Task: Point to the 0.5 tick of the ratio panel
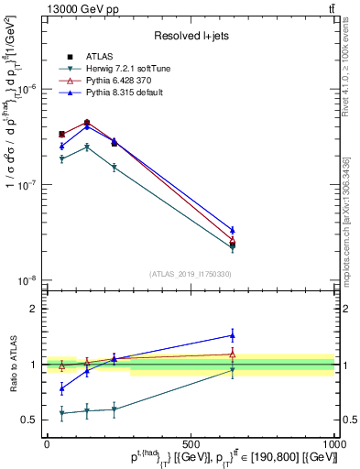[28, 420]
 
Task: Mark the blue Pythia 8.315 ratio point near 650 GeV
[233, 335]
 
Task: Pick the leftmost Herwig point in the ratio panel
[61, 413]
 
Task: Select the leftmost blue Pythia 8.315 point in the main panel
[61, 146]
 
